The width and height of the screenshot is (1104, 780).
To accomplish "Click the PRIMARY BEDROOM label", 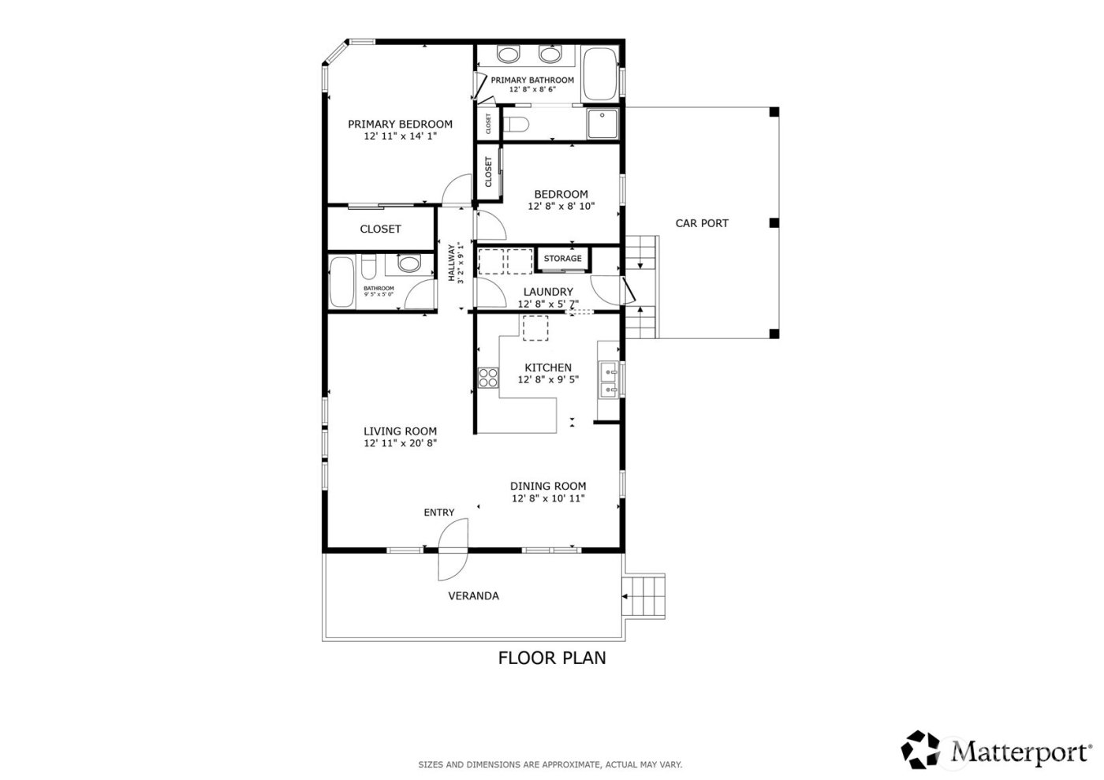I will click(x=400, y=124).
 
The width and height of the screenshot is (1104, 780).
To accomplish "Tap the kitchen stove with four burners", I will click(x=488, y=378).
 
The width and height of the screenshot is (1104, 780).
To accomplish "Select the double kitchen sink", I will click(x=609, y=379).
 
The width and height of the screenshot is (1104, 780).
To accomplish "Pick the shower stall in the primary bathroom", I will click(x=602, y=124).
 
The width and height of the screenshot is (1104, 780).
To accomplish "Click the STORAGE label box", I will click(x=562, y=259).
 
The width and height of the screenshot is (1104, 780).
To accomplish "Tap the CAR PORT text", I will click(x=702, y=223).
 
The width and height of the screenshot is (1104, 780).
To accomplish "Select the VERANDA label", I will click(x=473, y=595).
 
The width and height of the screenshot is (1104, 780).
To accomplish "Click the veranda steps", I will click(x=646, y=596).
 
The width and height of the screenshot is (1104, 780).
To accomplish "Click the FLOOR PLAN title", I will click(x=552, y=657).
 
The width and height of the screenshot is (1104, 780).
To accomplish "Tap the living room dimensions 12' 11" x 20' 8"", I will click(x=400, y=443).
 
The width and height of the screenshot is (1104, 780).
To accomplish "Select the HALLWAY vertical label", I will click(x=453, y=263).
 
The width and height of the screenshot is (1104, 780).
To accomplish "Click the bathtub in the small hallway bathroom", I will click(x=342, y=282).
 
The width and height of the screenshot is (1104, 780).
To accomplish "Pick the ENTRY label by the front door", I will click(x=438, y=512).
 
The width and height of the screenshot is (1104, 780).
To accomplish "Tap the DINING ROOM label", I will click(x=547, y=486).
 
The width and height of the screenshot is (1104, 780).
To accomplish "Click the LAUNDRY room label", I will click(x=547, y=292).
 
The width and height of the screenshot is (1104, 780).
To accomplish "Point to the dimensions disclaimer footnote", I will click(x=550, y=764).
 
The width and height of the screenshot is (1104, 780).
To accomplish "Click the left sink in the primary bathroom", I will click(x=509, y=54).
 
